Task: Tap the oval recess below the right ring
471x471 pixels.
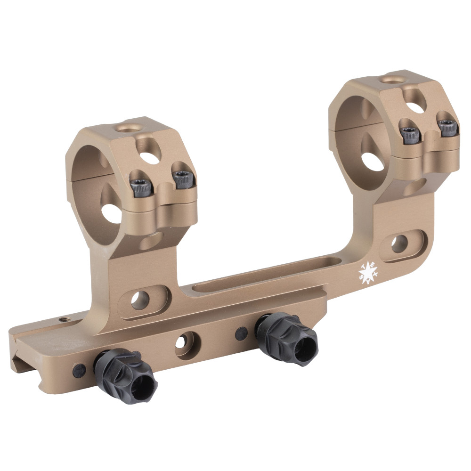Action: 400,244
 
